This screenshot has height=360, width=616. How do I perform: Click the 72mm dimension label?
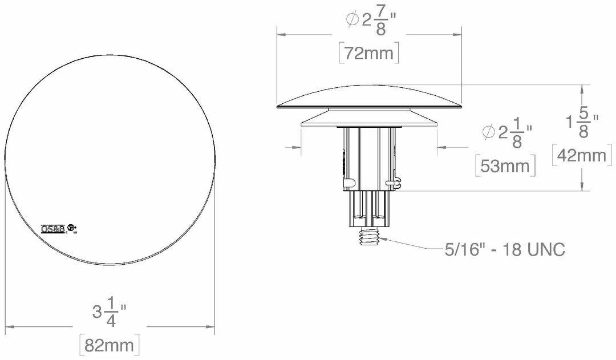click(368, 53)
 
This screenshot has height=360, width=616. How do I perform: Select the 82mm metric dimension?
click(109, 346)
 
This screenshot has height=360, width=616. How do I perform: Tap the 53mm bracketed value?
click(505, 167)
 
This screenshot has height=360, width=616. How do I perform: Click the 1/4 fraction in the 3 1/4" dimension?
click(111, 313)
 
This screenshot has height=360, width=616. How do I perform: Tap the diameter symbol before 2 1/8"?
click(488, 133)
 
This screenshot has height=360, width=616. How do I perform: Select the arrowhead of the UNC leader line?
click(382, 240)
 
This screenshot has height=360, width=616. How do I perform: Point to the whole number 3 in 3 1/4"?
click(98, 313)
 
